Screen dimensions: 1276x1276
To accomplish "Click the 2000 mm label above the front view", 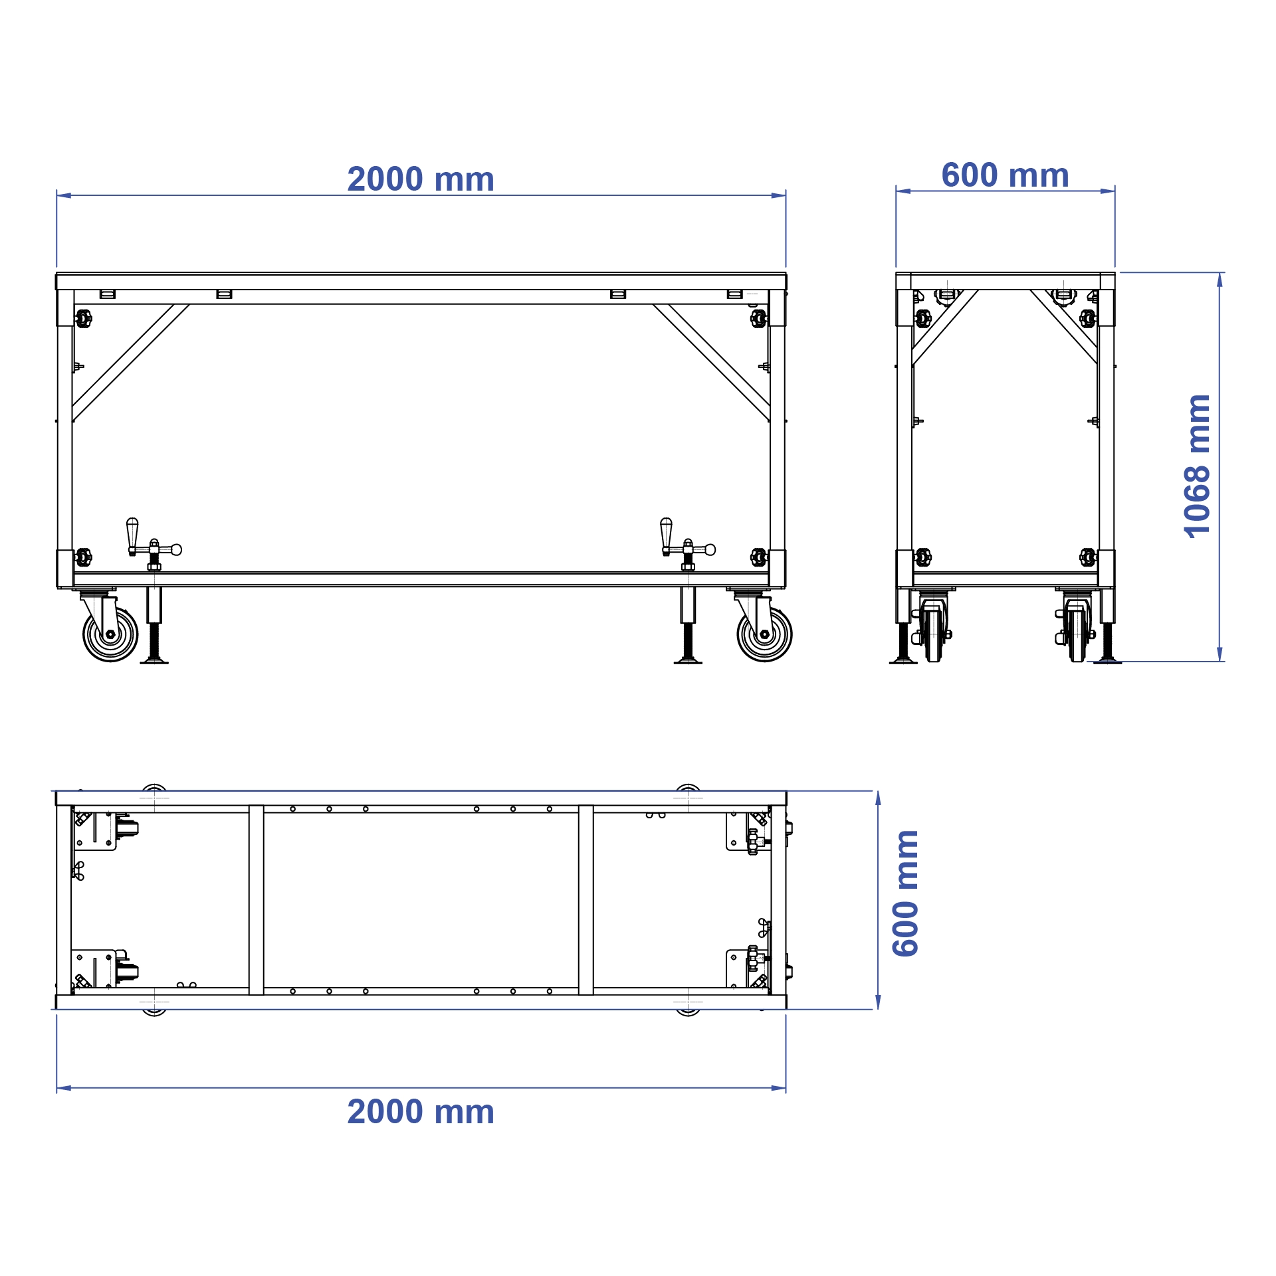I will pyautogui.click(x=421, y=179).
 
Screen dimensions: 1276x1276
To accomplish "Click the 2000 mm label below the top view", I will pyautogui.click(x=421, y=1112).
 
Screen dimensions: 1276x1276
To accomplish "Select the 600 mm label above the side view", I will pyautogui.click(x=1005, y=175).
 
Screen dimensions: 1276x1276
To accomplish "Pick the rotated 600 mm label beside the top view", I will pyautogui.click(x=905, y=893).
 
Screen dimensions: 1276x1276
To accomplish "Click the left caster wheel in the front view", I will pyautogui.click(x=110, y=634).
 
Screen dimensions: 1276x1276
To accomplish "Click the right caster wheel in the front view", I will pyautogui.click(x=764, y=634).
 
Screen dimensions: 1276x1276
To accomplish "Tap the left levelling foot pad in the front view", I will pyautogui.click(x=154, y=661).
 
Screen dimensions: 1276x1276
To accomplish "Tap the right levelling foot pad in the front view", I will pyautogui.click(x=688, y=661).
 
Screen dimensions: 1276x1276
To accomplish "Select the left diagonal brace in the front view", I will pyautogui.click(x=130, y=363).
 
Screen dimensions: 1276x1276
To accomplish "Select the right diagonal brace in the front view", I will pyautogui.click(x=711, y=363).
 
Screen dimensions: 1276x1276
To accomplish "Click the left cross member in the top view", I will pyautogui.click(x=257, y=900).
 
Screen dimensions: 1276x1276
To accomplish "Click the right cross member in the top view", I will pyautogui.click(x=585, y=900).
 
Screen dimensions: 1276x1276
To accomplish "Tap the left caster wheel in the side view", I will pyautogui.click(x=933, y=634).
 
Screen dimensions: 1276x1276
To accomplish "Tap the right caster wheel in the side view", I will pyautogui.click(x=1077, y=634).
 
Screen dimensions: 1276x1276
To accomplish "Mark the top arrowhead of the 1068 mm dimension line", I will pyautogui.click(x=1220, y=279).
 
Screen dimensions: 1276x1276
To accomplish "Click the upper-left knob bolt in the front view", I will pyautogui.click(x=83, y=318).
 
